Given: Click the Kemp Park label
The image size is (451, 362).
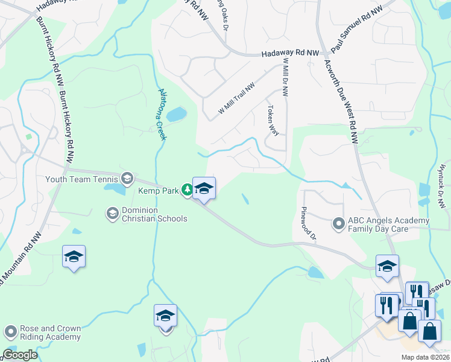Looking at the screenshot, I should [158, 191].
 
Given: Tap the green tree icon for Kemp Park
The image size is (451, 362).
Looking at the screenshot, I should [187, 191].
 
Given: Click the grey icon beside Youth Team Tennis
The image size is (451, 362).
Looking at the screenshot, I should [127, 178].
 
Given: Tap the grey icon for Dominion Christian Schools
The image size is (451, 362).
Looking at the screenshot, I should [112, 213].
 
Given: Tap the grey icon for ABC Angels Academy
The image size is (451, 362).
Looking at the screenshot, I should [339, 224].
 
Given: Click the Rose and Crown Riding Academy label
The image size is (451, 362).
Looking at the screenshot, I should [50, 333].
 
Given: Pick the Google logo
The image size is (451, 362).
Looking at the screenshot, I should [20, 355].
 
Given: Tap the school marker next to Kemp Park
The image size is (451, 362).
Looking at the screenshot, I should [204, 189].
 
